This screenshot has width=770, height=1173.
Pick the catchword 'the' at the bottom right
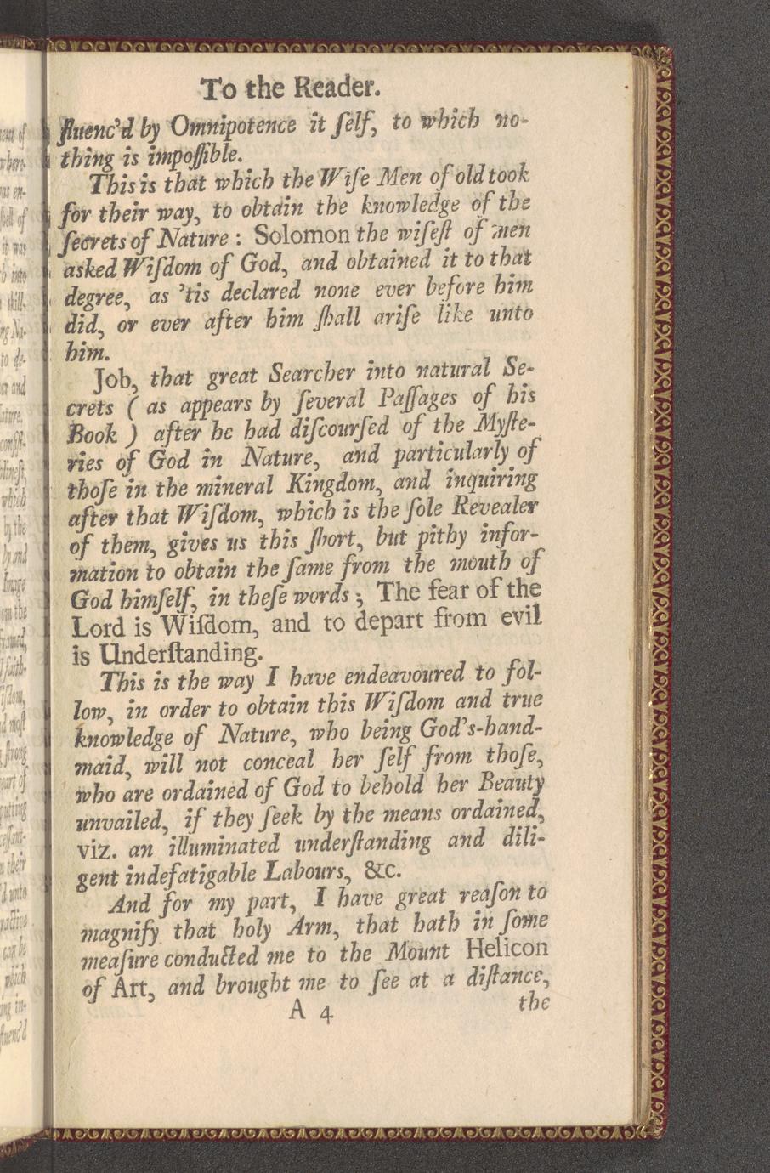(533, 1003)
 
